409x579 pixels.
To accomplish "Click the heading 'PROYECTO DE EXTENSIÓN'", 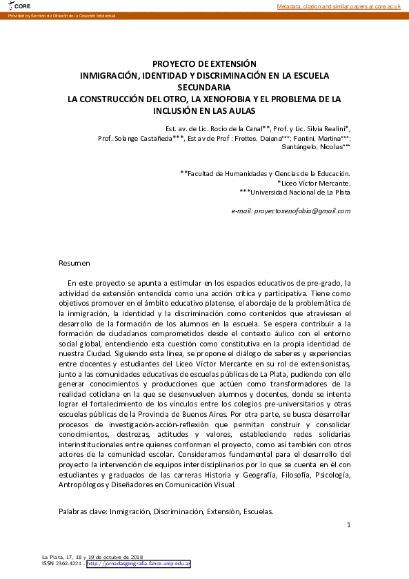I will [x=204, y=63].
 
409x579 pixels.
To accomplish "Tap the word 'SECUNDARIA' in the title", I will [x=204, y=86].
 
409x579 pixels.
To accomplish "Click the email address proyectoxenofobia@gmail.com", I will [x=291, y=210].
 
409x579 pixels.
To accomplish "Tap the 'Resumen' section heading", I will [x=74, y=263].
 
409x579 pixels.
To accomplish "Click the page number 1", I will [x=349, y=525].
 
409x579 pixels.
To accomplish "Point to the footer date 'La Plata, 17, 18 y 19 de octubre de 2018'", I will [x=92, y=556].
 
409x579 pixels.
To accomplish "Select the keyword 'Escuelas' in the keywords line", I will [x=257, y=511].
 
